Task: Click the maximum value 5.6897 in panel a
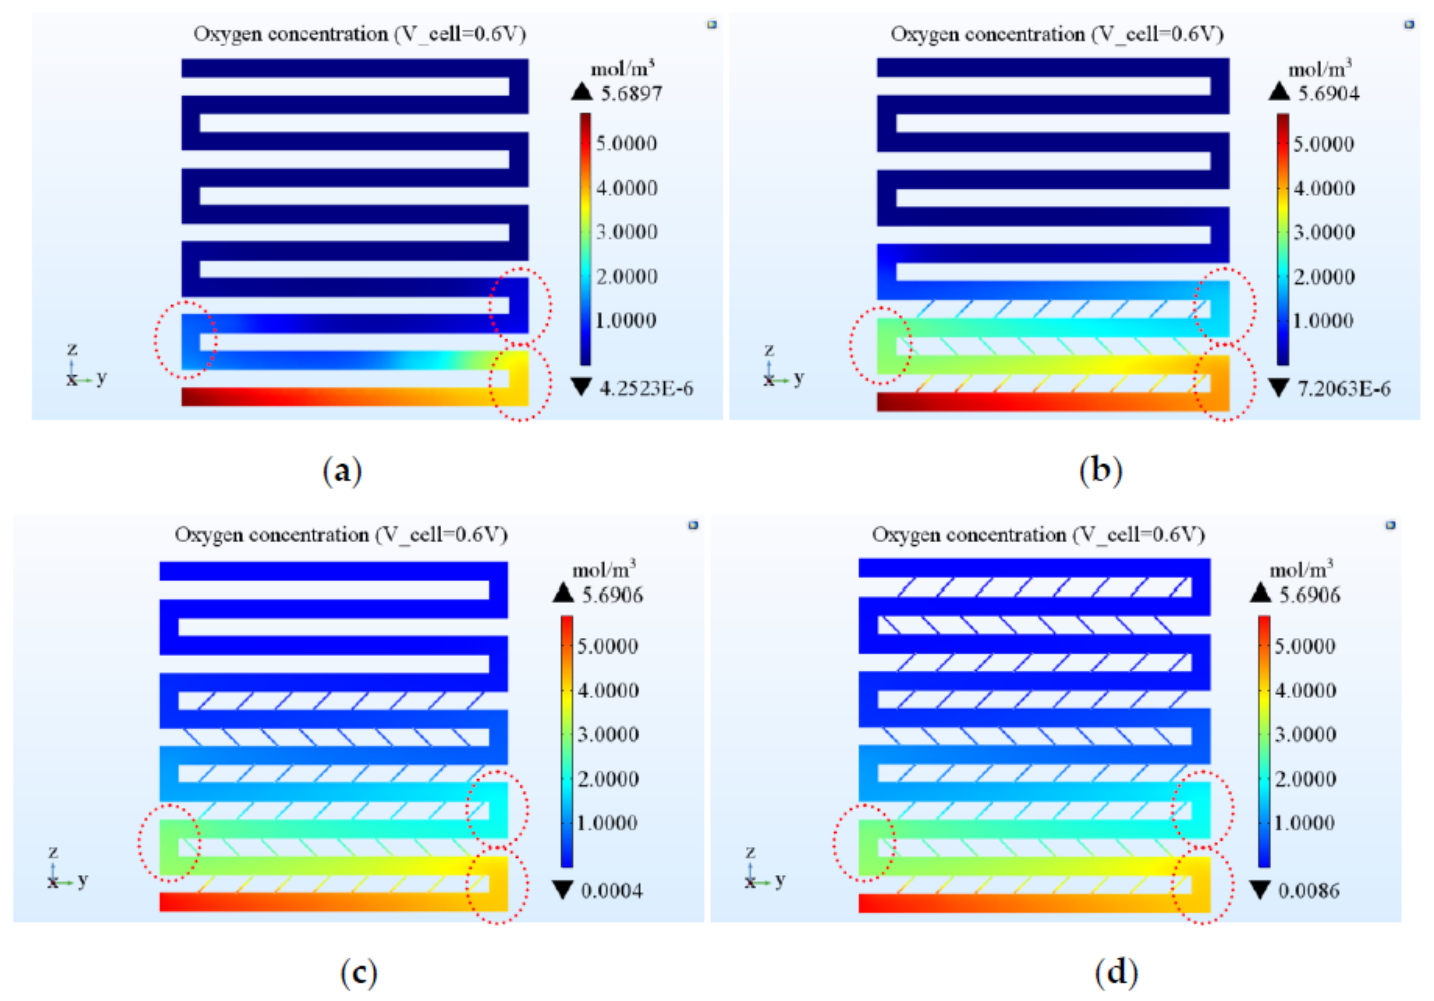click(x=631, y=94)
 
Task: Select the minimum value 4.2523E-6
click(x=646, y=388)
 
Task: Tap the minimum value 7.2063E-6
click(x=1344, y=388)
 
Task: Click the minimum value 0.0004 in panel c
click(x=611, y=891)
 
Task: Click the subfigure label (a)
click(x=342, y=471)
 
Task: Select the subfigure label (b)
click(x=1101, y=471)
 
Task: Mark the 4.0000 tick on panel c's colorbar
click(x=608, y=691)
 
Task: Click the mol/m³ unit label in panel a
click(x=622, y=68)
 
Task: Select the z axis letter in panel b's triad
click(x=769, y=349)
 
